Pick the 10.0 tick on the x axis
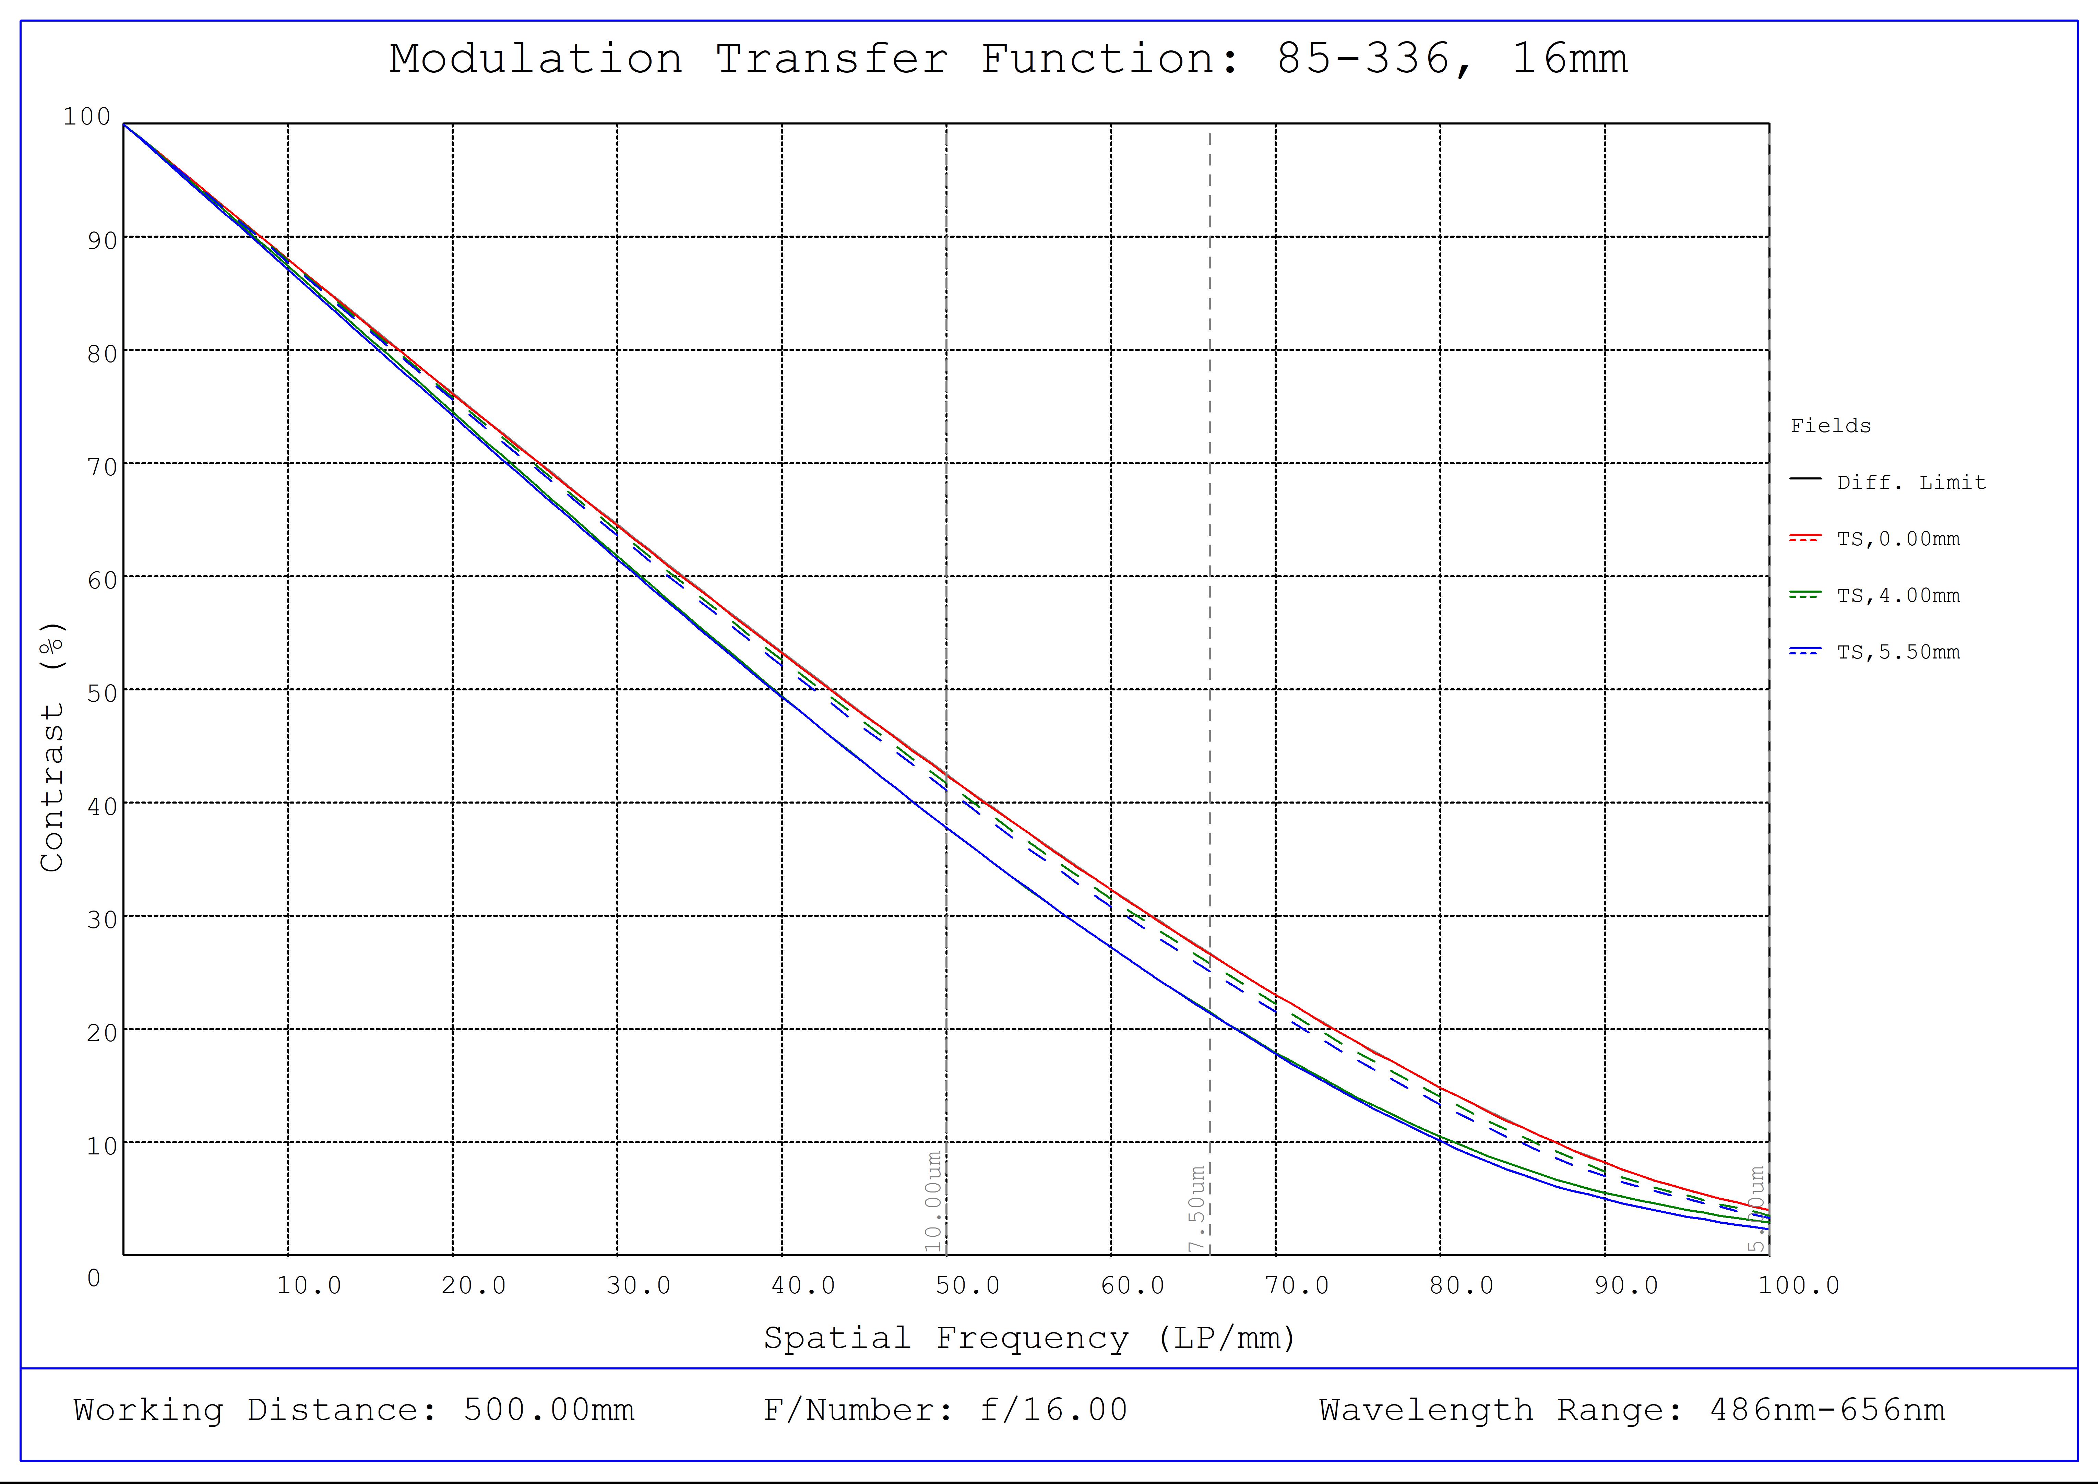(309, 1286)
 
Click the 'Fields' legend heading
(1830, 426)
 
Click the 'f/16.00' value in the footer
(1053, 1410)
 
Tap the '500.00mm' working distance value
(548, 1410)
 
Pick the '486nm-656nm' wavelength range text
(1827, 1410)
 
